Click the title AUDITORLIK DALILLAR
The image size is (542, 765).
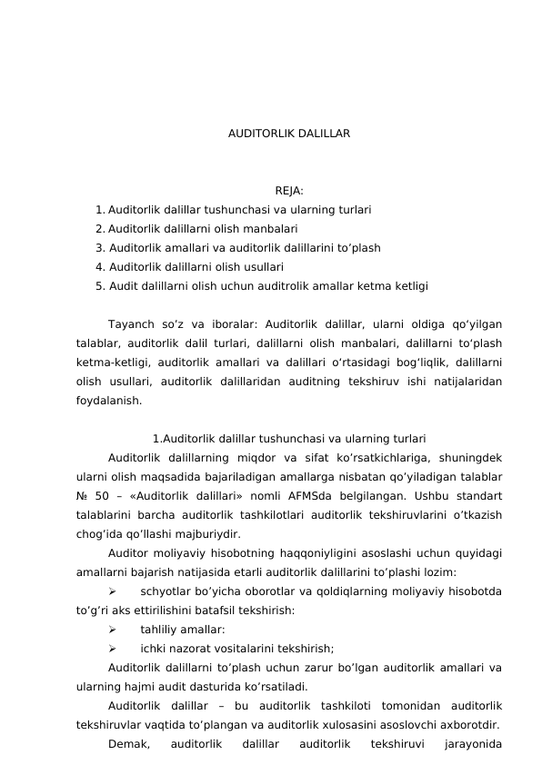tap(289, 134)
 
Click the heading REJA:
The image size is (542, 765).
tap(289, 191)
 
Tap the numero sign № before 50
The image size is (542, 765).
tap(83, 495)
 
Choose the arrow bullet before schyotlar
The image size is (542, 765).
tap(112, 591)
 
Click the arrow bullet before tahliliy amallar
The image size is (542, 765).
tap(112, 630)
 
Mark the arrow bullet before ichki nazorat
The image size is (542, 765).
tap(112, 649)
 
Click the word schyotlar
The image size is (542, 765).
tap(166, 591)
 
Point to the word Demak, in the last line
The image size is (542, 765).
tap(128, 744)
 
